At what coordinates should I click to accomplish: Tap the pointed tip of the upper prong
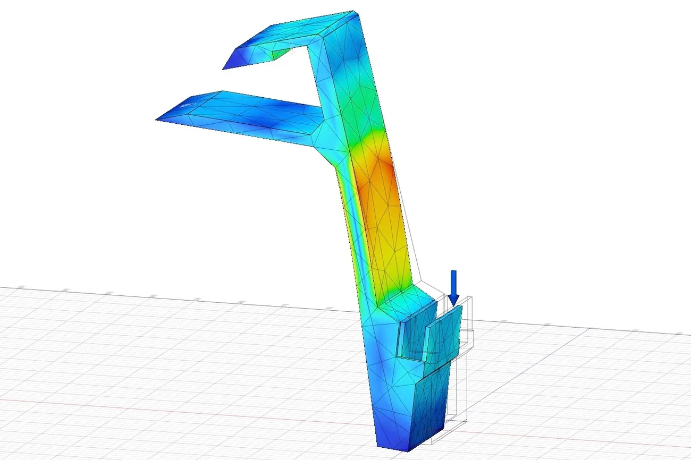pos(223,69)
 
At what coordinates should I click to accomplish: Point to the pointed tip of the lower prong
pos(157,120)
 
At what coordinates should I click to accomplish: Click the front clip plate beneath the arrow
pos(444,337)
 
